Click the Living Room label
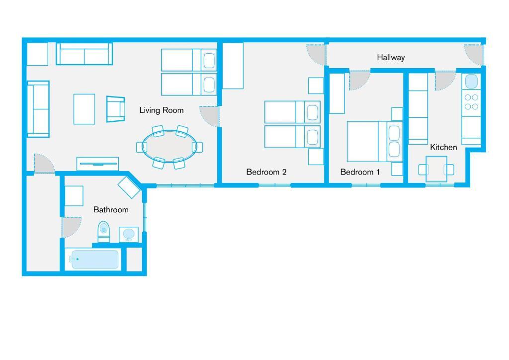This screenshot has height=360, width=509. tap(162, 110)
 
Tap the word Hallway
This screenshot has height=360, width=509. tap(391, 58)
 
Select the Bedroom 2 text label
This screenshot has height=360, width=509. tap(266, 172)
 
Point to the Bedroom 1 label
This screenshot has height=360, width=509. tap(360, 172)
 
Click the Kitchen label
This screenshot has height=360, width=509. tap(443, 147)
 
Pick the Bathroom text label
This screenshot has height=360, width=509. tap(111, 210)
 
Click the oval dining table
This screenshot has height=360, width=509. tap(170, 146)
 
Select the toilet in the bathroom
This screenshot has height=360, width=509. tap(104, 232)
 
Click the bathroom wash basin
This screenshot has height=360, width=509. tap(129, 234)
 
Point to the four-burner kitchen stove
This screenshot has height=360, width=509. tap(471, 102)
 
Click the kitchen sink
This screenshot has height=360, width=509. tap(471, 82)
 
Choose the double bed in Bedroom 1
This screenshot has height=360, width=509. tap(375, 142)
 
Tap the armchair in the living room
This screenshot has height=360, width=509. tap(115, 109)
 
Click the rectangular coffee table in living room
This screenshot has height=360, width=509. tap(84, 109)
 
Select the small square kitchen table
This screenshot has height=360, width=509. tap(436, 169)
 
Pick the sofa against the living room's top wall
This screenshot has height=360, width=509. tap(85, 54)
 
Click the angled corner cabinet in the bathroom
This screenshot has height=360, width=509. tap(129, 187)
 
